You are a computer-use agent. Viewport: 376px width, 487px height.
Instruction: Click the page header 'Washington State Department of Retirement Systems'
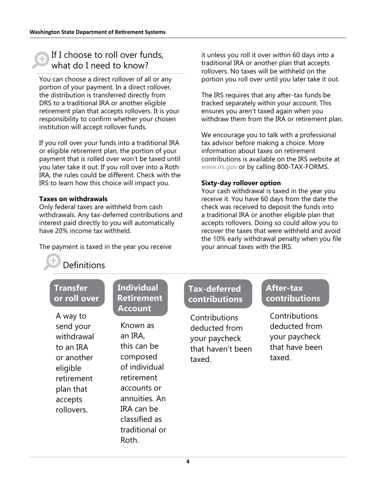pos(97,32)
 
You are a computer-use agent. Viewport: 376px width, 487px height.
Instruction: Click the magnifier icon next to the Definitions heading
pos(52,262)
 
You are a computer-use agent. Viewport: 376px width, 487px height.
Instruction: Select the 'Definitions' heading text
pos(84,265)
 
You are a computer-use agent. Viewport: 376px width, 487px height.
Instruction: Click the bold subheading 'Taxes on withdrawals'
pos(73,199)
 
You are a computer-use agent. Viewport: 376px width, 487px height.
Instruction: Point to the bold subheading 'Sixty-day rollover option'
pos(241,183)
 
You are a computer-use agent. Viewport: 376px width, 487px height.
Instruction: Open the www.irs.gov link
pos(219,167)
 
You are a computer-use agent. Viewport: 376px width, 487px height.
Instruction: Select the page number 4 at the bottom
pos(188,462)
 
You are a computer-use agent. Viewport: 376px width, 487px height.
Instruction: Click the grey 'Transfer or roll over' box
pos(77,293)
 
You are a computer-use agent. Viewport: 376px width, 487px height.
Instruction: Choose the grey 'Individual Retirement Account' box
pos(140,298)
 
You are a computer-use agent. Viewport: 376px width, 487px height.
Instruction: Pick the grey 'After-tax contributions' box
pos(295,293)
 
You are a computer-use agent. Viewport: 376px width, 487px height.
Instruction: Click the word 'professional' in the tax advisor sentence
pos(318,135)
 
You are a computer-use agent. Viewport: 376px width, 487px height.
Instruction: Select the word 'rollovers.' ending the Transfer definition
pos(72,410)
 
